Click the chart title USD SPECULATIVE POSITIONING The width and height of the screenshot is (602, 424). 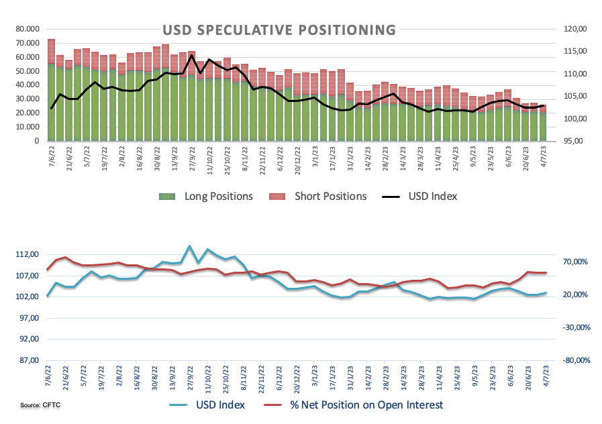tap(279, 30)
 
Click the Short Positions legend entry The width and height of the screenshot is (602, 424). tap(329, 197)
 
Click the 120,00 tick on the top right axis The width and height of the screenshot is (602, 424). tap(574, 30)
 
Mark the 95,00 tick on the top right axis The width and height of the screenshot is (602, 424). tap(574, 142)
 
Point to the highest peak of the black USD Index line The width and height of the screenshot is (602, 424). tap(192, 55)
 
